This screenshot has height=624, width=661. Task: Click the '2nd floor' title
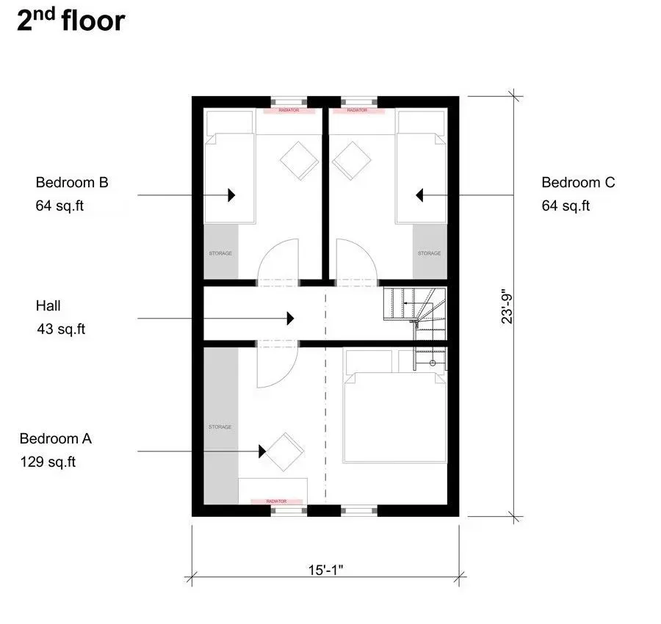pyautogui.click(x=71, y=20)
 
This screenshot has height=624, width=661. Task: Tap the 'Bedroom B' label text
pyautogui.click(x=72, y=183)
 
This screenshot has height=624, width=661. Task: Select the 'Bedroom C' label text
pyautogui.click(x=578, y=183)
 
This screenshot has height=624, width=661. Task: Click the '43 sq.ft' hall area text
pyautogui.click(x=61, y=329)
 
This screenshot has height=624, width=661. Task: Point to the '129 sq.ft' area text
pyautogui.click(x=48, y=462)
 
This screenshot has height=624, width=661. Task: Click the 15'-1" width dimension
pyautogui.click(x=325, y=570)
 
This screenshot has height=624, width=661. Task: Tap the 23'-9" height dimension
pyautogui.click(x=507, y=306)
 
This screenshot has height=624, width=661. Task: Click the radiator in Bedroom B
pyautogui.click(x=289, y=110)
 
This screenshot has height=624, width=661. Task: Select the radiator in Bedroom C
pyautogui.click(x=358, y=110)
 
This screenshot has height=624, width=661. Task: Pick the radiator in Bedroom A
pyautogui.click(x=277, y=501)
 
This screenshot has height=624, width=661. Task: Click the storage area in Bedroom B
pyautogui.click(x=221, y=252)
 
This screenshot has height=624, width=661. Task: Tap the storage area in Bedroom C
pyautogui.click(x=430, y=252)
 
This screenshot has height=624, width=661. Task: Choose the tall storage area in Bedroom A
pyautogui.click(x=221, y=426)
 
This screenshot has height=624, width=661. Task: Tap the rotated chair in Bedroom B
pyautogui.click(x=300, y=161)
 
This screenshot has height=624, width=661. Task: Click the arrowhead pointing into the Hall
pyautogui.click(x=290, y=319)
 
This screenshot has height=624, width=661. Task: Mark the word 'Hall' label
pyautogui.click(x=48, y=306)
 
